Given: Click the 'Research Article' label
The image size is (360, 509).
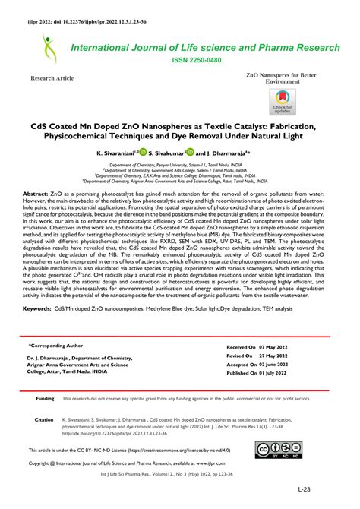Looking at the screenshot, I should [x=52, y=78].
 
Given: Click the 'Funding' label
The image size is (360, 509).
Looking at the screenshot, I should [x=45, y=398].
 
